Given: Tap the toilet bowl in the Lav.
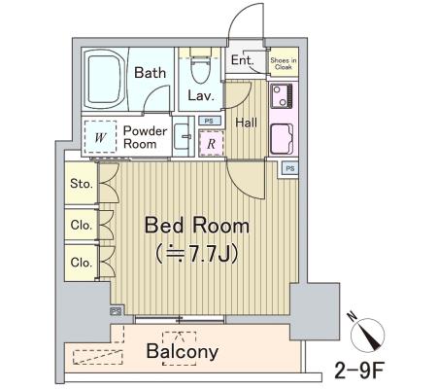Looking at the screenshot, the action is coord(200,69).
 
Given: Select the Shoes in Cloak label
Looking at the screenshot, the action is coord(284,63).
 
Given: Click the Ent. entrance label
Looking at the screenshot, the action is coord(242,60).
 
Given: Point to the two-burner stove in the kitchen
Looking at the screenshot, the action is coord(282,96).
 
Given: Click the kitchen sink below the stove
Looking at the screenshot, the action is coord(282,139).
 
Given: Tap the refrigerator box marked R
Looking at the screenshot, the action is coord(211,143).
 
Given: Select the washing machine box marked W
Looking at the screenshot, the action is coord(100,137).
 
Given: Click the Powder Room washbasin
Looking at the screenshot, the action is coord(183,136).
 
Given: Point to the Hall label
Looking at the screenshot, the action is coord(247,123).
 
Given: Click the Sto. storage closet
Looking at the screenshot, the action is coord(81,183).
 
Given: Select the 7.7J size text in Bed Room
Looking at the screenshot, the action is coord(197,254).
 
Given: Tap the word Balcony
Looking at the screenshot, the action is coord(183,352).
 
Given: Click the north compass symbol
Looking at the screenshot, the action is coord(368,334).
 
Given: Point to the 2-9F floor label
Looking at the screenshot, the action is coord(359,371).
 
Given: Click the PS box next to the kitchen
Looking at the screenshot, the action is coord(290,168).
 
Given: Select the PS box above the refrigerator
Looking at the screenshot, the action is coord(210,121).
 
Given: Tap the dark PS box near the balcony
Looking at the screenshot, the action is coord(117,311).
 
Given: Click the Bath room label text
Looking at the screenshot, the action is coord(150,72).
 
